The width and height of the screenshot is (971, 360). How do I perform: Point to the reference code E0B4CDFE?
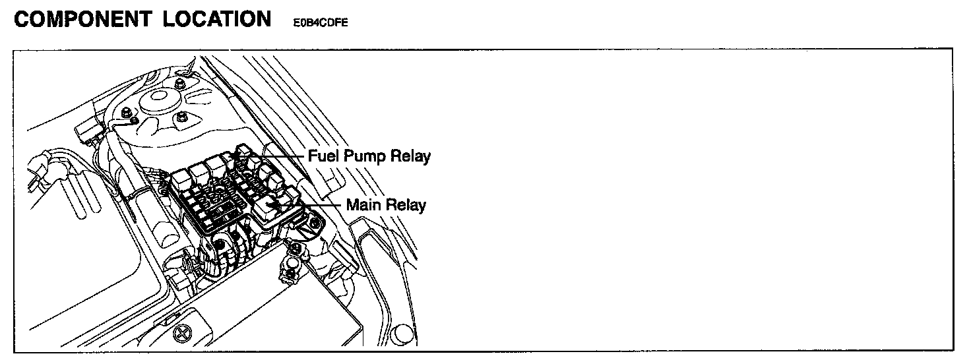[320, 22]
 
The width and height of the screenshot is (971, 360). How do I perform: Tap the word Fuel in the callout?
[323, 157]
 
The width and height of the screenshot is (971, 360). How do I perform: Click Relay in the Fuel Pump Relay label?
[411, 157]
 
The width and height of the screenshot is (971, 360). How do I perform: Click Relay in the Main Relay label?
[406, 205]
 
